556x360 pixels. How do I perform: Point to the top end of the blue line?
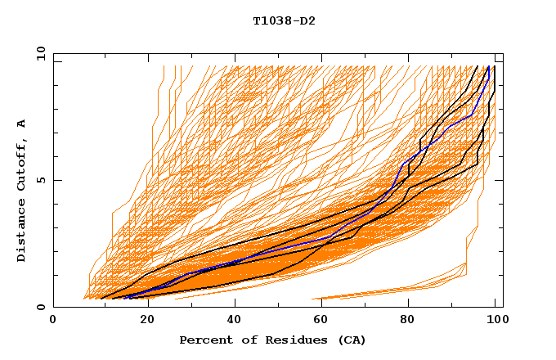point(489,67)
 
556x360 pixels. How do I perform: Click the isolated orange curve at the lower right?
point(392,290)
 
